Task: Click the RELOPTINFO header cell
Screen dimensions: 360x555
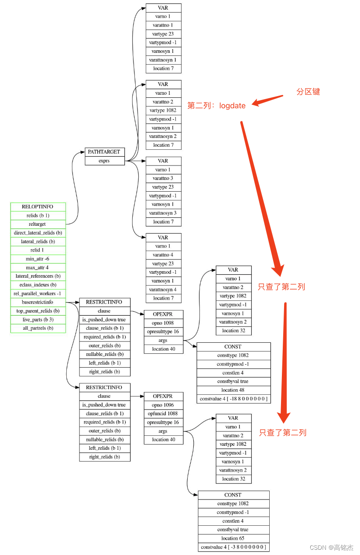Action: pos(38,207)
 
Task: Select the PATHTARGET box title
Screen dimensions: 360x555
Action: pos(104,152)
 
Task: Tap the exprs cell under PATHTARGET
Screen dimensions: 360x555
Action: pos(104,161)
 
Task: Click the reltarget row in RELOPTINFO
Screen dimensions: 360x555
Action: pos(38,224)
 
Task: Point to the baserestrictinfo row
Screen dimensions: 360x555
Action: pos(38,302)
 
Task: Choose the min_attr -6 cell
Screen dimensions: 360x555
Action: pos(38,259)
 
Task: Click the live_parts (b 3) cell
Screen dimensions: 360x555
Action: pos(38,319)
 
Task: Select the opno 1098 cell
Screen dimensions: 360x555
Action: pos(163,323)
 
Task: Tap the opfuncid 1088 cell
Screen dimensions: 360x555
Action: pos(163,413)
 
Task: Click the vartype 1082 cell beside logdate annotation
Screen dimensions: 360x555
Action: pos(163,110)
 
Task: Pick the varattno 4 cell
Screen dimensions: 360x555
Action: pos(163,255)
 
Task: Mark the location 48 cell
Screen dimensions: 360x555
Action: pos(233,390)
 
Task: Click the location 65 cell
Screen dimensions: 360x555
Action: pos(233,538)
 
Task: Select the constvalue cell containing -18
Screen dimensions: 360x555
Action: pos(233,399)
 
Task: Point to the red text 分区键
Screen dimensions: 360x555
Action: pos(308,92)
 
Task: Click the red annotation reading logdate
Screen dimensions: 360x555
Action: pos(232,106)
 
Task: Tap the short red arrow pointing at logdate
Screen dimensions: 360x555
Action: pos(267,100)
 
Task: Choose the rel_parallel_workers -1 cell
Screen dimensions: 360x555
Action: pos(38,293)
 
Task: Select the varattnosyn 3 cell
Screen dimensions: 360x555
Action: pos(163,213)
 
